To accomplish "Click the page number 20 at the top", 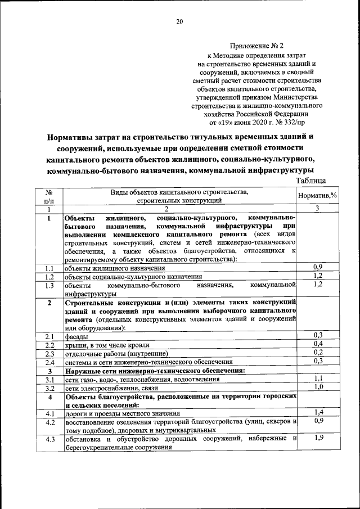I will tap(179, 21).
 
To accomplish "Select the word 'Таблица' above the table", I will tap(310, 181).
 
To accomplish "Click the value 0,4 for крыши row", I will tap(318, 344).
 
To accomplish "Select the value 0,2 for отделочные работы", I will tap(318, 352).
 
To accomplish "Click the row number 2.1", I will tap(49, 336).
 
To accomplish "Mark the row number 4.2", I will tap(49, 422).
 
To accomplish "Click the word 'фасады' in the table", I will tap(76, 336).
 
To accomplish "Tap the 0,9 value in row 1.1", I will tap(318, 267).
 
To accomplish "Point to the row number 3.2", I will tap(49, 388).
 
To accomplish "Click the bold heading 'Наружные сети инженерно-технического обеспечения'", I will tap(155, 371).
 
